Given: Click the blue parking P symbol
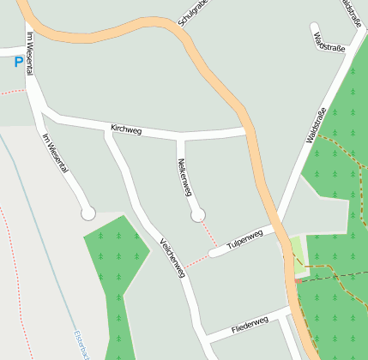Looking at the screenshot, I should click(x=19, y=62).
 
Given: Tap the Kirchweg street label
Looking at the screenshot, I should click(x=126, y=129).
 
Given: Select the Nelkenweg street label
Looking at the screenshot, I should click(x=184, y=177).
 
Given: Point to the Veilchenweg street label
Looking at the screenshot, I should click(x=172, y=257).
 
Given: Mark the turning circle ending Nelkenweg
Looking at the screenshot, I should click(x=198, y=214).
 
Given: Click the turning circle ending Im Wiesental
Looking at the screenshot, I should click(x=87, y=213).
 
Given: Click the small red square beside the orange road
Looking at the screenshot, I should click(x=298, y=280).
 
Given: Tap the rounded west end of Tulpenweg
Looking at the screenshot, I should click(x=214, y=252).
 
